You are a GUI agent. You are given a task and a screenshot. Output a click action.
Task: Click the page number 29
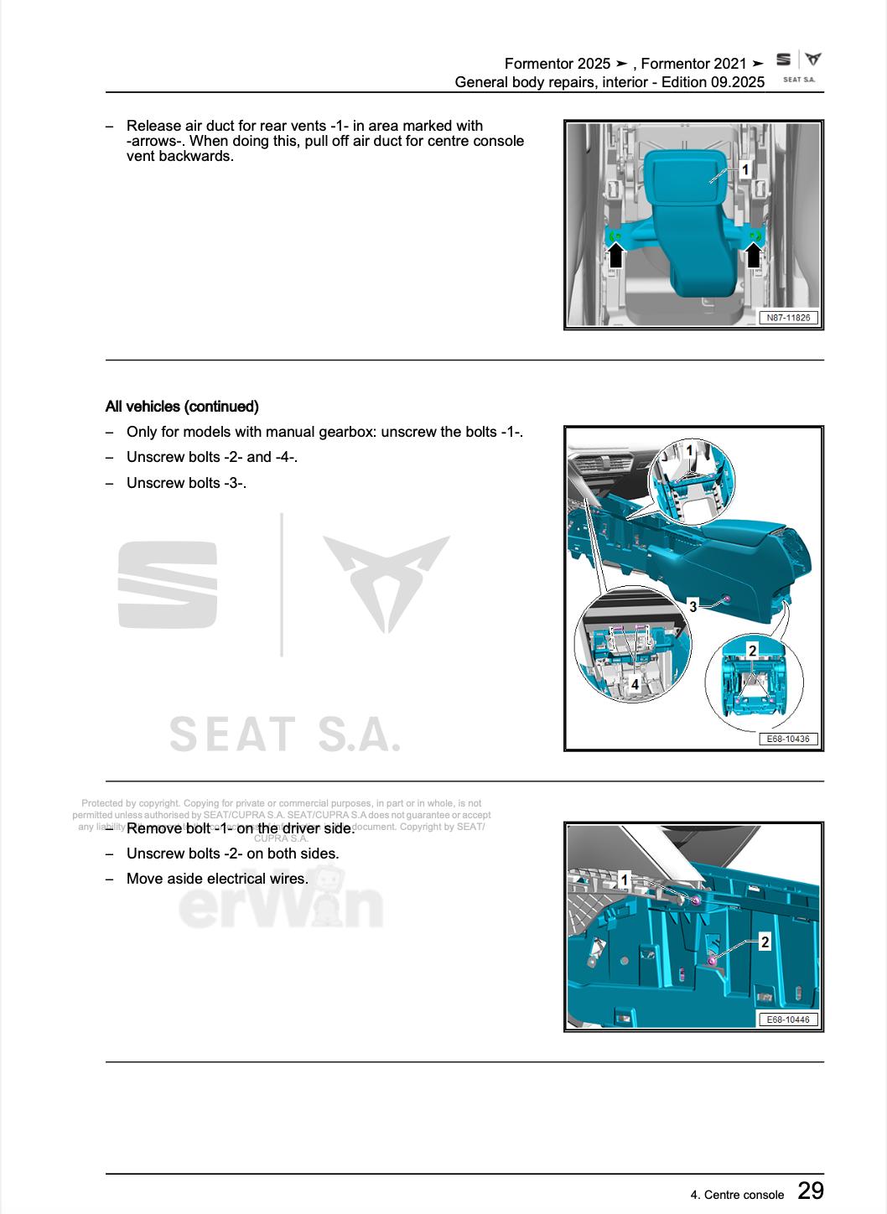coord(810,1191)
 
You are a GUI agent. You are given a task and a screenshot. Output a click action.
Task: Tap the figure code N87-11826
coord(788,318)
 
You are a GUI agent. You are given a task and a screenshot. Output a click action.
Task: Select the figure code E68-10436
coord(788,739)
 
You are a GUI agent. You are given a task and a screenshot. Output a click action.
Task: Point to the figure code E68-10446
coord(788,1019)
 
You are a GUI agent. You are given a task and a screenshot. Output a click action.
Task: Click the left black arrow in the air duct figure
coord(615,254)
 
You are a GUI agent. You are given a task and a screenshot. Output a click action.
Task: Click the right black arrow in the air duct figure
coord(754,254)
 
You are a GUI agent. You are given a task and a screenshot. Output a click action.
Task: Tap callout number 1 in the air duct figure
coord(744,170)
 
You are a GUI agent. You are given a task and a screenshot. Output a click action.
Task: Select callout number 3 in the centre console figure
coord(692,606)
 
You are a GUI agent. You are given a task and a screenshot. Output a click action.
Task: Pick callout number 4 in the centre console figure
coord(635,684)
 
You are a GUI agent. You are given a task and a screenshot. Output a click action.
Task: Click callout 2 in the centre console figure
coord(752,651)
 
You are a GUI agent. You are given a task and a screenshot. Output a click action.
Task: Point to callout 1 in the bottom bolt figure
coord(625,880)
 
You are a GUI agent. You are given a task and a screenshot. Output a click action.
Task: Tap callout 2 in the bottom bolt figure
coord(765,942)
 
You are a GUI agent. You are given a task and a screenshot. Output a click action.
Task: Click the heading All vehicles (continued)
coord(182,407)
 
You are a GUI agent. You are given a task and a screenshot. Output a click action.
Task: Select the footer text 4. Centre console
coord(737,1195)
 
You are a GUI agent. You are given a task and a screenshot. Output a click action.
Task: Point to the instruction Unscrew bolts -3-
coord(186,483)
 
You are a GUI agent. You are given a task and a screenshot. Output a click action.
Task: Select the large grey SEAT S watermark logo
coord(168,584)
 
